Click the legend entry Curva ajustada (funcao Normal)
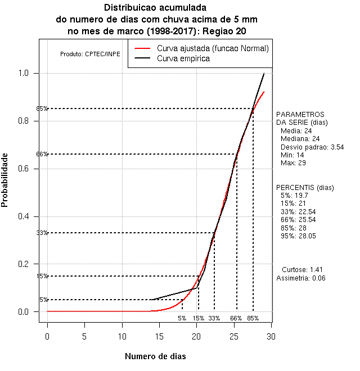(213, 48)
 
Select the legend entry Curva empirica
(183, 58)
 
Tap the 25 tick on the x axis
(234, 337)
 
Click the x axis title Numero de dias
(155, 356)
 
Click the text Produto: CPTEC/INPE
(90, 54)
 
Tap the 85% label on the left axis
(42, 108)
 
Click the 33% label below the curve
(214, 318)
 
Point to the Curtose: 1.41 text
(302, 270)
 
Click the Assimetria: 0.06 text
(301, 278)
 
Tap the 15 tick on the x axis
(159, 337)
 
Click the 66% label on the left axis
(42, 154)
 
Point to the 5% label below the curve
(182, 318)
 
